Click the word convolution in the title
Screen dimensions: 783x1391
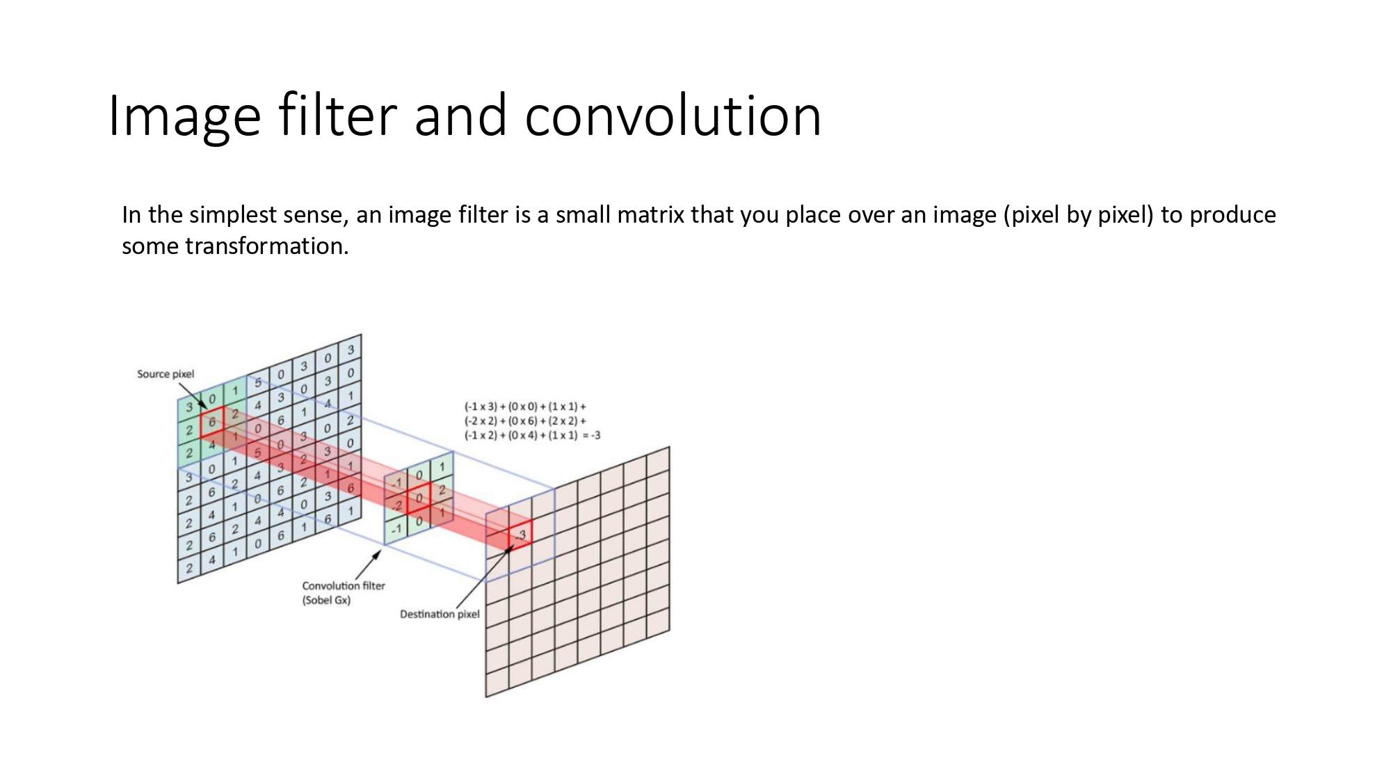pos(673,116)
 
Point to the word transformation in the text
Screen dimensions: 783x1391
pos(266,246)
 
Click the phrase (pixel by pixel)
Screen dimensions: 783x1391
pos(1079,215)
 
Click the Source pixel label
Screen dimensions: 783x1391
pos(166,374)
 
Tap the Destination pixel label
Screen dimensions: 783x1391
pos(440,614)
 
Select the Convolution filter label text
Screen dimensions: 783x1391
pos(343,586)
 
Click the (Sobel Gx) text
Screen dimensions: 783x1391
pos(326,600)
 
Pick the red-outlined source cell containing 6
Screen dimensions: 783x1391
pos(212,422)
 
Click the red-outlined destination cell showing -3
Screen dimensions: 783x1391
pos(520,535)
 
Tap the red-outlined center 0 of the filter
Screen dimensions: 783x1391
pos(419,498)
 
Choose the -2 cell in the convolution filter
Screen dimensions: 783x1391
pos(396,505)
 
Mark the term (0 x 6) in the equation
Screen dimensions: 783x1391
pos(522,421)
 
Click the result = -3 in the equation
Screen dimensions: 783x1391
pos(591,436)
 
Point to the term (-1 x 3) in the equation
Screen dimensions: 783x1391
pos(481,406)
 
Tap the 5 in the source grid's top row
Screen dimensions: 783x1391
pos(258,383)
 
